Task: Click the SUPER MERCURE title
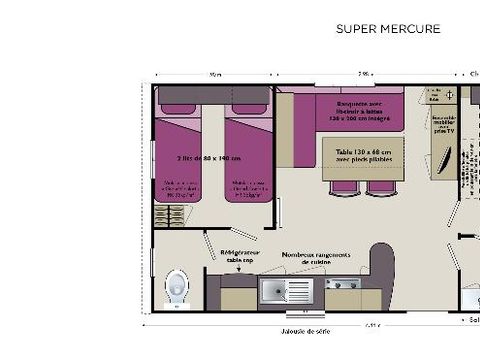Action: (x=388, y=29)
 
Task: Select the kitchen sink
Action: (x=285, y=290)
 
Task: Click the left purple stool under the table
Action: (x=345, y=187)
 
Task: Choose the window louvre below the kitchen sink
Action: (x=285, y=313)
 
